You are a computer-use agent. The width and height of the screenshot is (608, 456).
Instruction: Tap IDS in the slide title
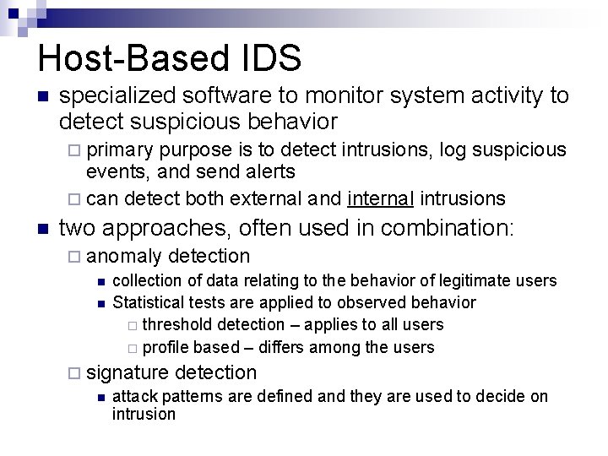(x=276, y=59)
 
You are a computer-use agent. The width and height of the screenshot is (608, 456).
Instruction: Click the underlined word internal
(x=380, y=198)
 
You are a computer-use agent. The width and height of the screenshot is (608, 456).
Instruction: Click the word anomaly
(x=124, y=256)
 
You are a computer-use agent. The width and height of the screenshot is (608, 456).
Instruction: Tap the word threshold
(x=177, y=324)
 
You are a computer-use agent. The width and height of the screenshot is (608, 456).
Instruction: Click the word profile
(x=166, y=347)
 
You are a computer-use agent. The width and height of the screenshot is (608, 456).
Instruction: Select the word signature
(x=128, y=372)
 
